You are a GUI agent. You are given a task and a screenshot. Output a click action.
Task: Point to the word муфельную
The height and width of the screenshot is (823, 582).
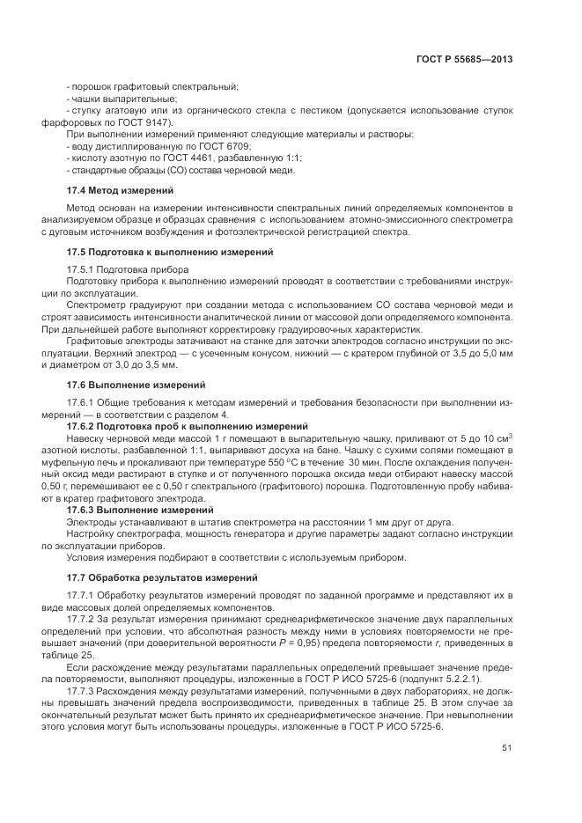(x=66, y=460)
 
